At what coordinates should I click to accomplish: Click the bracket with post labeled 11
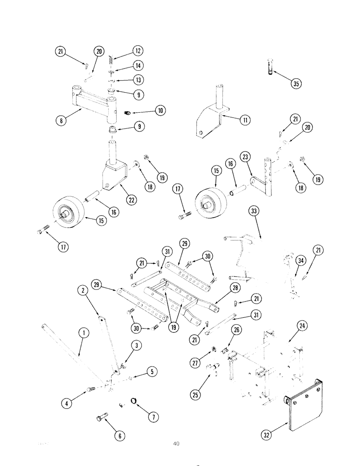click(210, 112)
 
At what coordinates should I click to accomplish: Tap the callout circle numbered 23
click(245, 157)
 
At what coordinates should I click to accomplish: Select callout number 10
click(160, 111)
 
